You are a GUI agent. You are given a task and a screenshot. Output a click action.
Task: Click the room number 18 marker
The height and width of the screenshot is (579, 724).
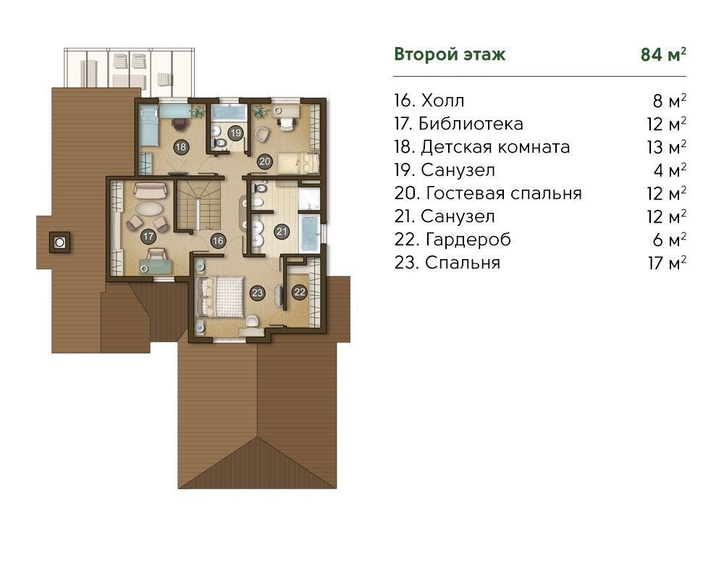point(181,147)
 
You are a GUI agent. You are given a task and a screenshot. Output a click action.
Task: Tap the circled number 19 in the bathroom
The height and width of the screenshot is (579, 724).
point(236,133)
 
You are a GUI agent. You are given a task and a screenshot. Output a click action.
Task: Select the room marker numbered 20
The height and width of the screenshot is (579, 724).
point(264,161)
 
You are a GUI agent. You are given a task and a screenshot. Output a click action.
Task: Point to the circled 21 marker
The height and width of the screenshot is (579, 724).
point(282,232)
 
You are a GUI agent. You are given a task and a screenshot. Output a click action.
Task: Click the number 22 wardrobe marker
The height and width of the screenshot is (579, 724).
point(300,292)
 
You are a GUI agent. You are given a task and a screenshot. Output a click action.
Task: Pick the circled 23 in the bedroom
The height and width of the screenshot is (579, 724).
point(257,292)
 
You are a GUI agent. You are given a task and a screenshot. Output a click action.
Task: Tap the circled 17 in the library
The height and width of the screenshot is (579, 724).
point(148,237)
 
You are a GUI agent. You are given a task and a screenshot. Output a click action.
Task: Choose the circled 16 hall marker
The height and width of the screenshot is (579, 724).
point(217,240)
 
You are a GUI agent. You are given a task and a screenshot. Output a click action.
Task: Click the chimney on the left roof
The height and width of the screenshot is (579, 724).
point(59,242)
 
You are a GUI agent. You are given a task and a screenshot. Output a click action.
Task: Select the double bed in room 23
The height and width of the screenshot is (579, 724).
point(220,297)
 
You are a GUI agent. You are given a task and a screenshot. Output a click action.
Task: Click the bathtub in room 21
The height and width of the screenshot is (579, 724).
point(309,232)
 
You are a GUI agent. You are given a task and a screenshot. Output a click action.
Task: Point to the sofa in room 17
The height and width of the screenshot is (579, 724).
point(150,190)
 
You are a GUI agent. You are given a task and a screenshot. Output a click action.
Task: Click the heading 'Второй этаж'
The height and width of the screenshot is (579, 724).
point(450,54)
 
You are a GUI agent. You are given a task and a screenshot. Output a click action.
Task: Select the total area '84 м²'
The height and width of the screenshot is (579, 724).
point(663,54)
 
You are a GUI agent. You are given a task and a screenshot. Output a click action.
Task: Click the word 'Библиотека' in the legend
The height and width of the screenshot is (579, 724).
point(471,124)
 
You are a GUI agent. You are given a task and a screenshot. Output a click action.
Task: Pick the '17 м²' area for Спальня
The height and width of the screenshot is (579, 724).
point(667,263)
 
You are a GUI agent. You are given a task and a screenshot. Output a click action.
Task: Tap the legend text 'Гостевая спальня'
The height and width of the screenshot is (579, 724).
point(504,193)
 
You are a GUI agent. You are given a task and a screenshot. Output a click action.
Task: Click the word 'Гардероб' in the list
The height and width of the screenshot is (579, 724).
point(468,240)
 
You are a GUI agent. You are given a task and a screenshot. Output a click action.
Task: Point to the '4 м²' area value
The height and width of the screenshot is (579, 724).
point(670,170)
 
